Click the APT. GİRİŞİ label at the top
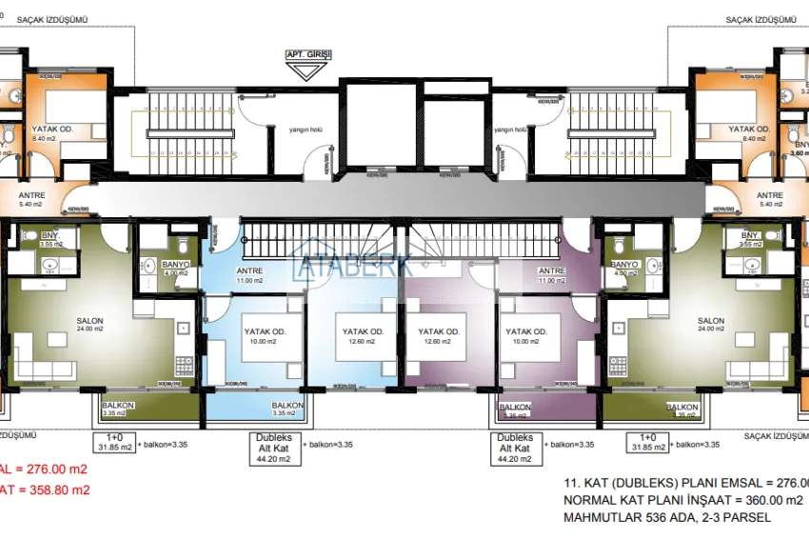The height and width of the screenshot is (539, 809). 307,56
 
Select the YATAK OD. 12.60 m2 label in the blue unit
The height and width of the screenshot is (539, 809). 362,336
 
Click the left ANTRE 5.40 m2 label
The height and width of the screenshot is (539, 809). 32,199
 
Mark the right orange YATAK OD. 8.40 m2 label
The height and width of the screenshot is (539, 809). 748,133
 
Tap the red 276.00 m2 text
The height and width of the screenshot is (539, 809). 55,469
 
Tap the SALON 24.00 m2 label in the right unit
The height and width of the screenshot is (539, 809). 710,325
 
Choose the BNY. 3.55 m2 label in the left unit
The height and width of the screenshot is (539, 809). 51,239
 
